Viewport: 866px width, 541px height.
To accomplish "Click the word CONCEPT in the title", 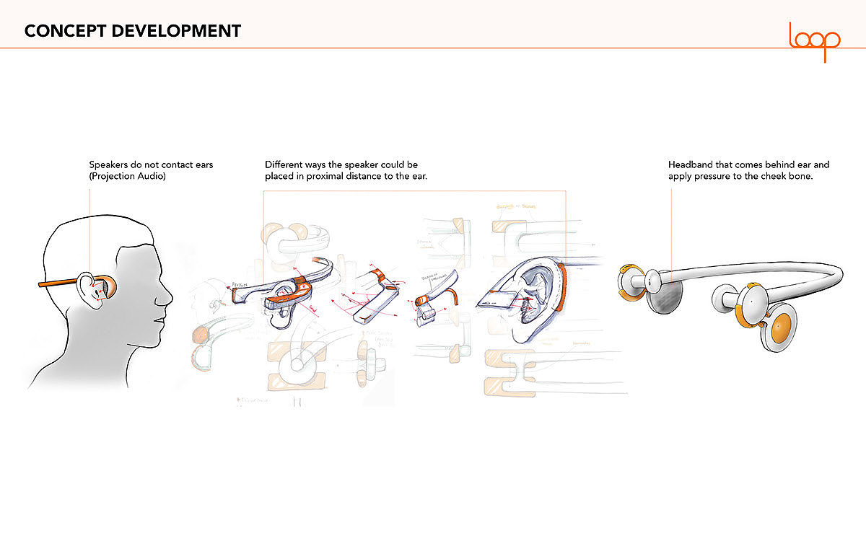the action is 59,31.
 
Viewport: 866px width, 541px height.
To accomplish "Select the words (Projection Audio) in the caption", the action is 127,177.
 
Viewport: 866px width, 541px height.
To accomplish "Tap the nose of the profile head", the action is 169,295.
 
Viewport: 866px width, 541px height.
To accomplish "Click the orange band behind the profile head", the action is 58,284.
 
